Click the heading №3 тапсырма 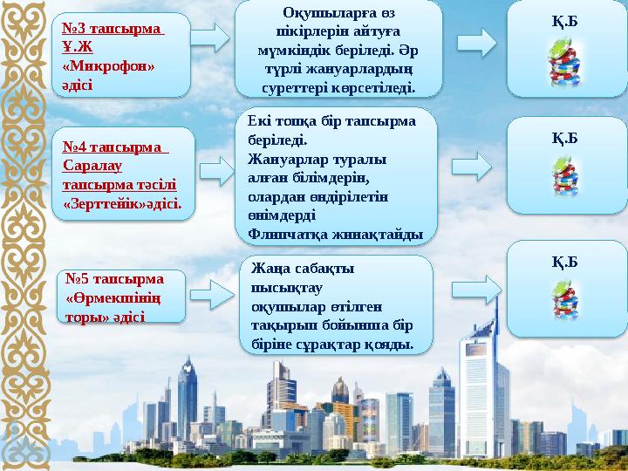tap(113, 29)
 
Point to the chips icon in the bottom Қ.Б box tap(563, 297)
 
